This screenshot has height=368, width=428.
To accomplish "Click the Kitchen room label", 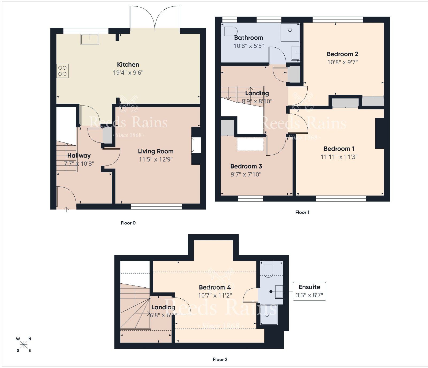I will click(x=128, y=65).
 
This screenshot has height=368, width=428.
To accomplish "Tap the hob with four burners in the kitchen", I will click(x=62, y=71).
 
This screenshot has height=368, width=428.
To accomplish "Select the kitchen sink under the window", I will click(x=90, y=39).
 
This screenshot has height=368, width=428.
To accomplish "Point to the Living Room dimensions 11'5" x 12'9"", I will click(x=156, y=159).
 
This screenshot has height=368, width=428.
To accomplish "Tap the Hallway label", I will click(x=79, y=156).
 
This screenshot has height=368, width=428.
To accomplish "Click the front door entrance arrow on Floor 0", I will click(x=66, y=209).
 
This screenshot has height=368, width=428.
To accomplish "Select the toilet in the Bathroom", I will click(x=229, y=31).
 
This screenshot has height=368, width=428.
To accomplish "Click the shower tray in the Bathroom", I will click(x=290, y=32).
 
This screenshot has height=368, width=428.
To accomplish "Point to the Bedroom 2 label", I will click(x=342, y=54).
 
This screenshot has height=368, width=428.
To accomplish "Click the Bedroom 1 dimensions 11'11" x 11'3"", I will click(x=339, y=157).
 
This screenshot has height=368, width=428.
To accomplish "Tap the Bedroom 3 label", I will click(x=246, y=166).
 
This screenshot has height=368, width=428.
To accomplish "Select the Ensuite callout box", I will click(x=309, y=291).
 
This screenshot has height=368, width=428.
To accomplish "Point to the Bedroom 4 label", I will click(x=215, y=287).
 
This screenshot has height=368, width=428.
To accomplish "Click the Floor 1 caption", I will click(x=302, y=212).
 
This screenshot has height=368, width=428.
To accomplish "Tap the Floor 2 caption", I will click(x=220, y=359).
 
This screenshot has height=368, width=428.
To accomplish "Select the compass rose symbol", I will click(x=24, y=345).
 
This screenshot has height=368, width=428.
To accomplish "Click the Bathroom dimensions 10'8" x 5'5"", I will click(x=249, y=46).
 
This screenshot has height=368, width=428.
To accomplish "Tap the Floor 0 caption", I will click(x=128, y=223).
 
